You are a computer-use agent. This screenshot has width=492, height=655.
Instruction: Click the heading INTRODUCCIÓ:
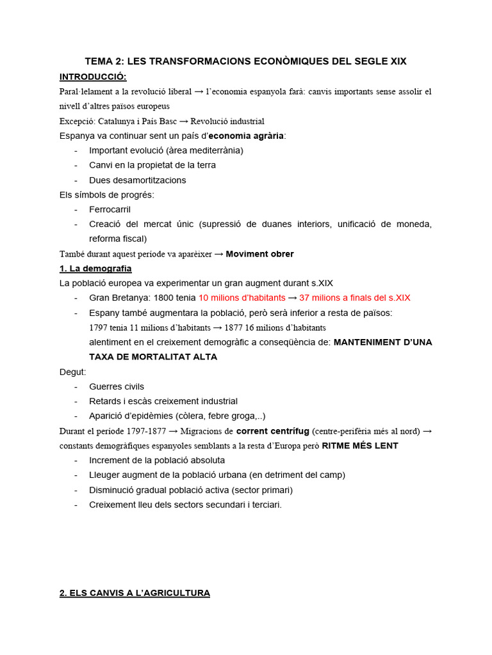93,77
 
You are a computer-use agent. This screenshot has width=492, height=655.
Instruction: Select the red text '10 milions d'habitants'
242,297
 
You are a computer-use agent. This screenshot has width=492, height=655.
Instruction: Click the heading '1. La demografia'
95,268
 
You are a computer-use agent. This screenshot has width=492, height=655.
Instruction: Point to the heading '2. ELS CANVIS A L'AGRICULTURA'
135,593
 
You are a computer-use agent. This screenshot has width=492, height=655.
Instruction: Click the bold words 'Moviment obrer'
259,254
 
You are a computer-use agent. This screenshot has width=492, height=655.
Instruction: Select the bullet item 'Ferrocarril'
110,209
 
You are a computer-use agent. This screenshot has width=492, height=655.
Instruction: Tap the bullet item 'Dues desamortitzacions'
138,180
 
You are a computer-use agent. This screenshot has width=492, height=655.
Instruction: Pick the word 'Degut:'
72,372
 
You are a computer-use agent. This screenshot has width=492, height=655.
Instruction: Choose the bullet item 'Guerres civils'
117,386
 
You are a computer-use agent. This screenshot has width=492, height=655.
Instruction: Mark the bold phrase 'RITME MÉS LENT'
359,446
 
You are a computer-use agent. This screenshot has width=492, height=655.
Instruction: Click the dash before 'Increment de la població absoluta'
76,460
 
